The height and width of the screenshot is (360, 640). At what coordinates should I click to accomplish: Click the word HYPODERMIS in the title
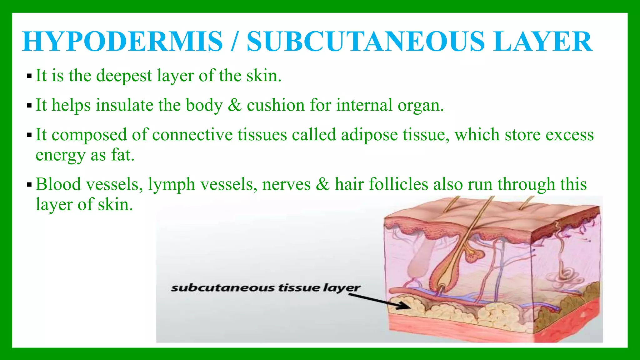[x=122, y=42]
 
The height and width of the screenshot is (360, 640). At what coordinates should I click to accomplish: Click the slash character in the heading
[x=234, y=42]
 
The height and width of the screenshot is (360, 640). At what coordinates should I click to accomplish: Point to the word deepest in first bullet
[x=124, y=76]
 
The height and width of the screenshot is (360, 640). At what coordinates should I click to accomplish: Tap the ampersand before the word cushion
[x=234, y=105]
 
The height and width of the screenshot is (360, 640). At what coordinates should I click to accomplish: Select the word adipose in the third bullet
[x=369, y=135]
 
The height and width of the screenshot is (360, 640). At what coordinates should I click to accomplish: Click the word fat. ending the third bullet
[x=123, y=155]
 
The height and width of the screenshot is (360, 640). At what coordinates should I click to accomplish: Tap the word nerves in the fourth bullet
[x=286, y=184]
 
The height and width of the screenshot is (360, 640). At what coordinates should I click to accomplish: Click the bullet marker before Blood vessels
[x=29, y=185]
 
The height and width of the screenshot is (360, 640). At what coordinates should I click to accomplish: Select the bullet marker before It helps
[x=29, y=106]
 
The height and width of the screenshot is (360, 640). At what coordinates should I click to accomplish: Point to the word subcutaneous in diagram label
[x=222, y=288]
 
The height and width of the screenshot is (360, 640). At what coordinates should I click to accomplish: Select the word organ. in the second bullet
[x=421, y=106]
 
